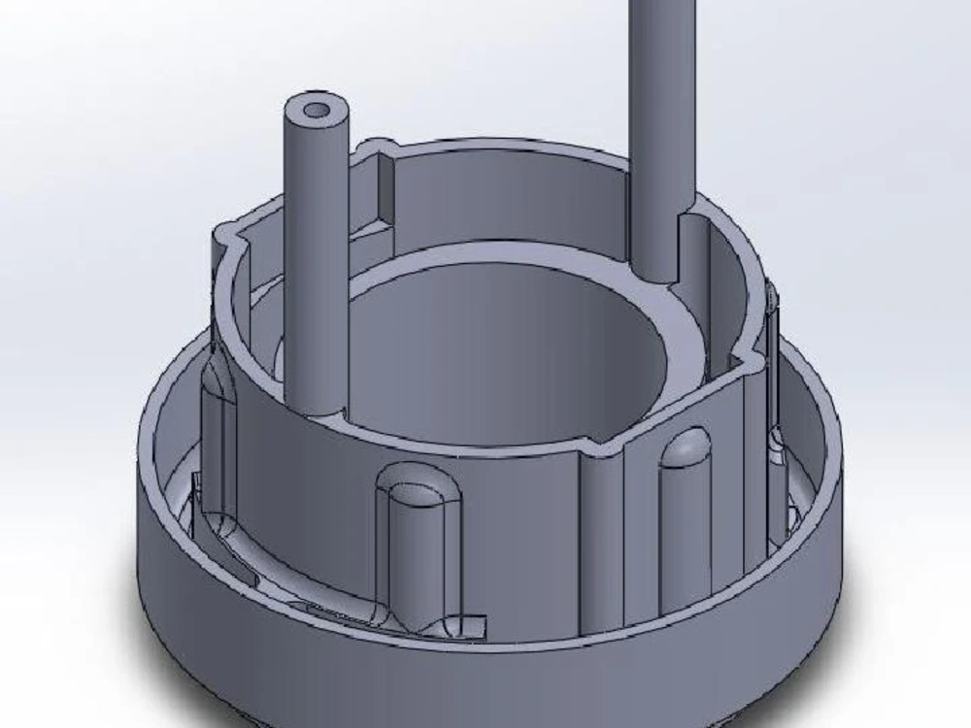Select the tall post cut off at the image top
662,116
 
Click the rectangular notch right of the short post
385,189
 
